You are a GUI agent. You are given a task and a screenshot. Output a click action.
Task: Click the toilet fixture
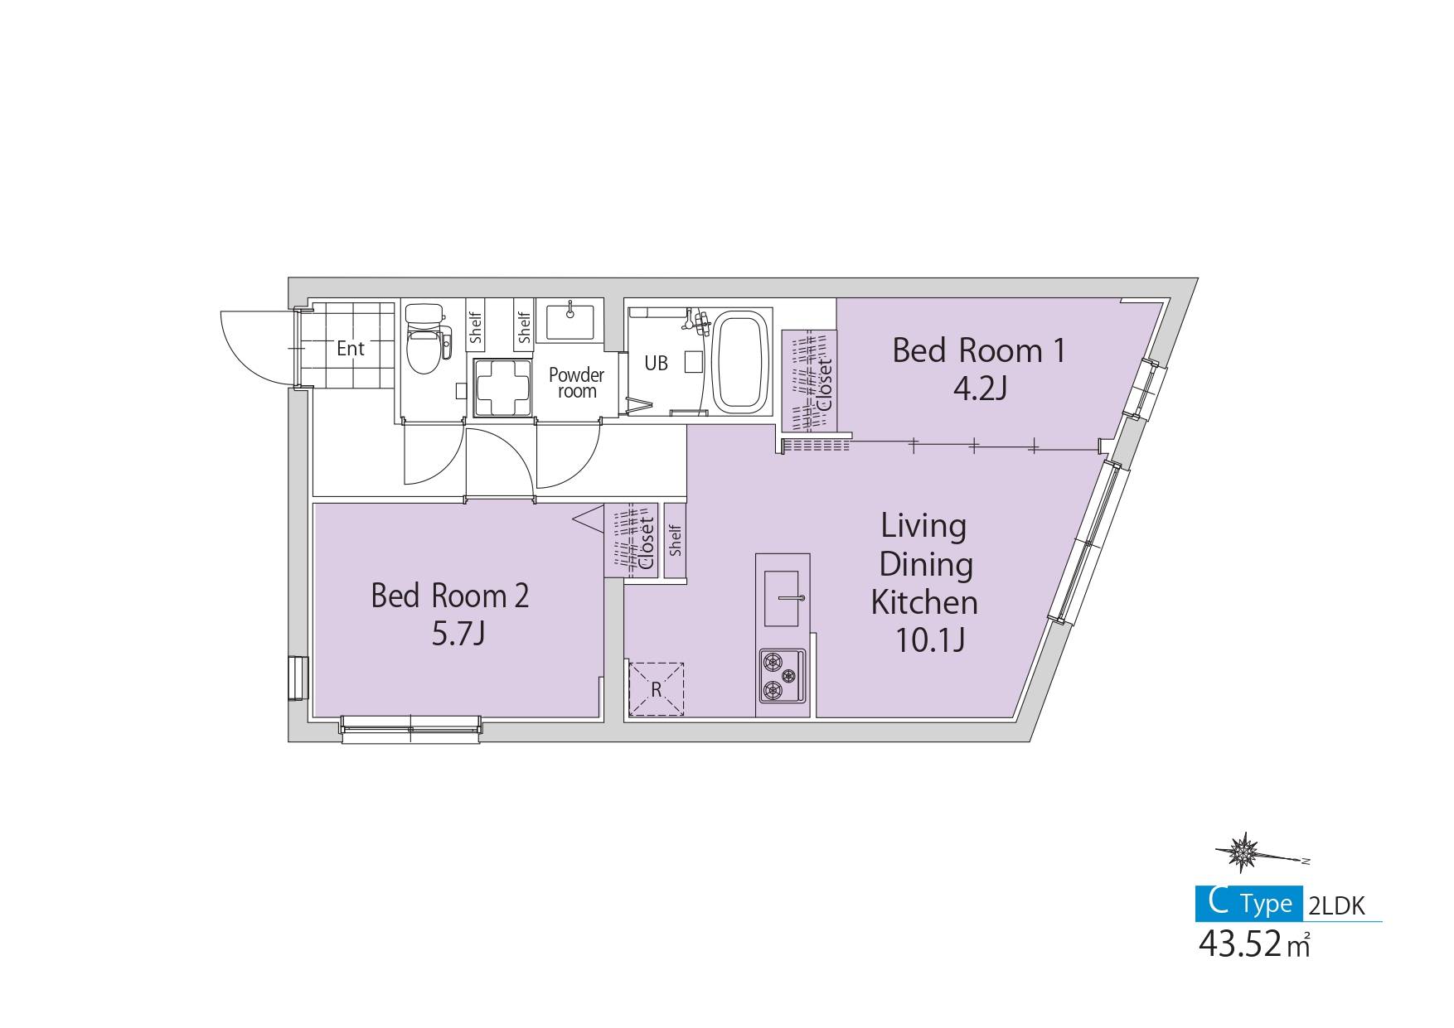point(428,340)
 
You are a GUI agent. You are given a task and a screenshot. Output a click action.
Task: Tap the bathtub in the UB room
point(743,362)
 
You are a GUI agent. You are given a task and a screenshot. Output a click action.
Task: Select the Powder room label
point(576,383)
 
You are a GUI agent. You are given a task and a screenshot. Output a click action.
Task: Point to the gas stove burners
point(781,675)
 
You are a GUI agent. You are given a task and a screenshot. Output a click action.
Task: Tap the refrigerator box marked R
point(656,689)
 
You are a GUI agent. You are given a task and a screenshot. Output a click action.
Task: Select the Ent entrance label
point(351,349)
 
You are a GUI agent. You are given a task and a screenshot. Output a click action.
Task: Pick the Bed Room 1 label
point(978,351)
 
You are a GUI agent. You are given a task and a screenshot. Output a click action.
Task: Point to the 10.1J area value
point(929,640)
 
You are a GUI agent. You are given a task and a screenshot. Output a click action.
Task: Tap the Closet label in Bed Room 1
point(825,386)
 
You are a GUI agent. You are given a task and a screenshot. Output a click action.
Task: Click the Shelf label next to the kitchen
point(676,539)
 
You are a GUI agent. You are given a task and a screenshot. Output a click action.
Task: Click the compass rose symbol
point(1243,851)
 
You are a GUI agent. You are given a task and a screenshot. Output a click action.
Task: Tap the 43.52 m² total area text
point(1254,944)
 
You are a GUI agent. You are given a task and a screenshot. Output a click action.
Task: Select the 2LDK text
point(1335,906)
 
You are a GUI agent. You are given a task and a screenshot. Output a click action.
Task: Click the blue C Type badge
point(1248,904)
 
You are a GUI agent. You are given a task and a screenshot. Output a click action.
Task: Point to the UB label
point(657,364)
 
